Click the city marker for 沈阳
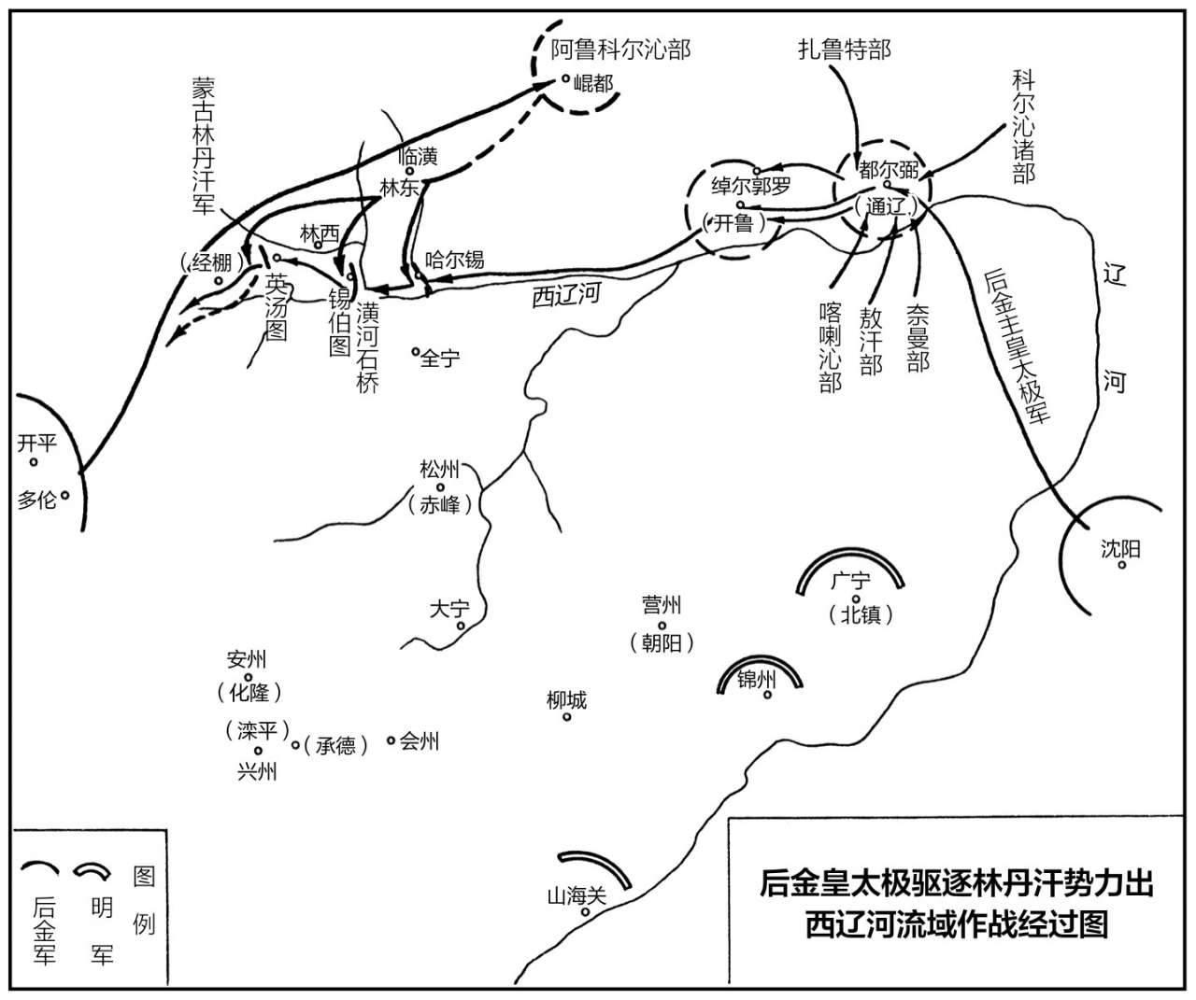click(x=1122, y=565)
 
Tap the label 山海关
click(x=577, y=895)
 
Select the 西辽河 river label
click(x=566, y=295)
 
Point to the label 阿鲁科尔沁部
click(x=621, y=49)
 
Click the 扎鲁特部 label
click(x=845, y=49)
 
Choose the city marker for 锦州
click(x=767, y=695)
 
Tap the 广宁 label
click(x=850, y=581)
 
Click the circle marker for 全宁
click(x=416, y=351)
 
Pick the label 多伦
click(x=36, y=500)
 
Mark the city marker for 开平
click(x=34, y=461)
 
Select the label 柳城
click(x=567, y=700)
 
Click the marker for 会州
click(x=391, y=740)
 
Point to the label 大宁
click(x=449, y=609)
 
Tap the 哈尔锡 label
click(x=454, y=260)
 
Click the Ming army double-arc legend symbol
click(x=92, y=869)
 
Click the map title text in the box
click(x=957, y=904)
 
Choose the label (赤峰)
click(x=440, y=505)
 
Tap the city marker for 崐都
click(x=565, y=78)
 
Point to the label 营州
click(x=662, y=604)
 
